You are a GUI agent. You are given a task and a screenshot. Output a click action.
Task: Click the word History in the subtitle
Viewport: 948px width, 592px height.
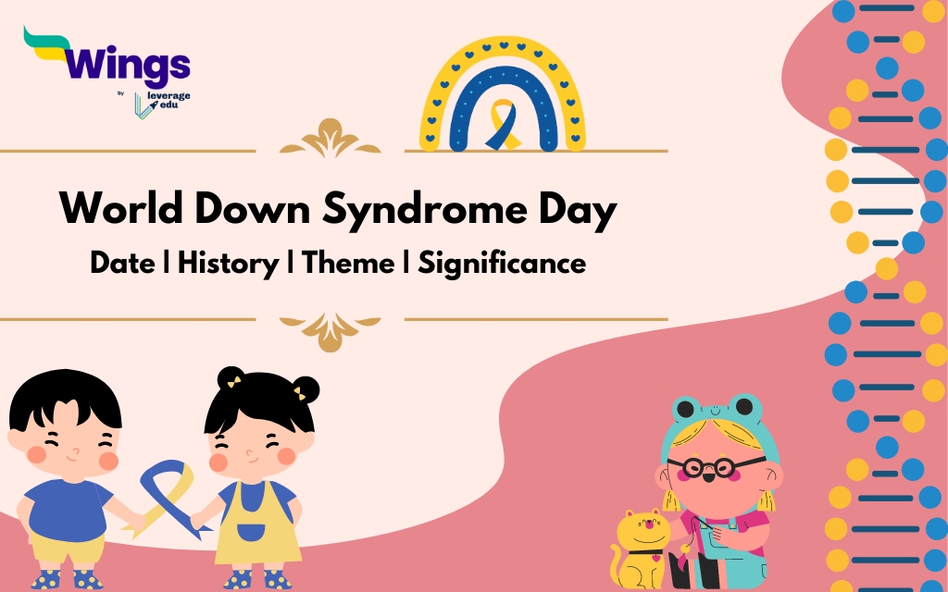(x=228, y=264)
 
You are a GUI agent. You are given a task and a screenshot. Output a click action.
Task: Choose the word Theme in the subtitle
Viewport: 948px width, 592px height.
(x=347, y=264)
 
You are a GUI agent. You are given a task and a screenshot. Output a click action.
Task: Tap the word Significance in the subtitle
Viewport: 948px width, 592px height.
(x=502, y=264)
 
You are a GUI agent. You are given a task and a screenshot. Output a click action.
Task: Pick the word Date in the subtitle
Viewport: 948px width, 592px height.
(x=122, y=264)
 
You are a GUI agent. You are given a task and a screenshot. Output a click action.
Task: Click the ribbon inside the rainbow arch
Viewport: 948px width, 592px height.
(x=504, y=125)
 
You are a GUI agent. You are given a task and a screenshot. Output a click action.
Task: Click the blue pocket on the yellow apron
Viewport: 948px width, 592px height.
(x=251, y=533)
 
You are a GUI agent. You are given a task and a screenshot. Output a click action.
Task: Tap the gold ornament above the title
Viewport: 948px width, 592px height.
(x=330, y=139)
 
